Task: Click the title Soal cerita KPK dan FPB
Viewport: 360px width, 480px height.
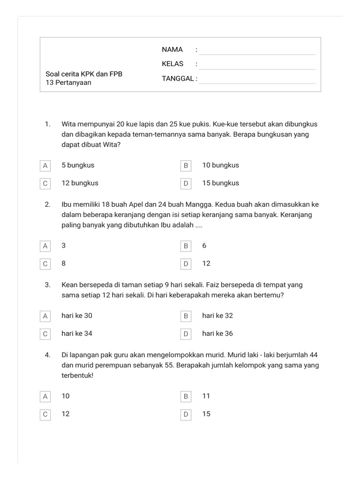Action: pos(84,74)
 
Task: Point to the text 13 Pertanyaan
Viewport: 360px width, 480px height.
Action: pos(68,82)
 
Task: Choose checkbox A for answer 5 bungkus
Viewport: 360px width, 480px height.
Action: pos(45,165)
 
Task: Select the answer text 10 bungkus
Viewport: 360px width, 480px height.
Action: pos(221,165)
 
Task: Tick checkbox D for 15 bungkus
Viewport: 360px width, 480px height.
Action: pos(186,183)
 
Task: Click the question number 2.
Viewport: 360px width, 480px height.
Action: pos(48,205)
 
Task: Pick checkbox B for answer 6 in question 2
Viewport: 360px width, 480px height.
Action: pos(186,246)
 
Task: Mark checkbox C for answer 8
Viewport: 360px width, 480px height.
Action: pos(45,263)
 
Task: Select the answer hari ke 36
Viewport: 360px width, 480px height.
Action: pos(217,334)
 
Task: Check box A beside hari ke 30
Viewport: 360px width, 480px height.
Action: pos(45,316)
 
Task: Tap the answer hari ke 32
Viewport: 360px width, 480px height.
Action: pos(217,316)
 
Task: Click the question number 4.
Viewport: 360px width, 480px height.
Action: pos(48,355)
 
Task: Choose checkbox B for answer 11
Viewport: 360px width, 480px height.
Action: pos(186,397)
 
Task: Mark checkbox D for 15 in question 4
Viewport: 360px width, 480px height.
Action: pos(186,414)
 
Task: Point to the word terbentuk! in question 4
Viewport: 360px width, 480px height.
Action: pos(77,375)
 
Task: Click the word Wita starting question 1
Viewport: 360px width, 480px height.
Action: pos(69,125)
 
